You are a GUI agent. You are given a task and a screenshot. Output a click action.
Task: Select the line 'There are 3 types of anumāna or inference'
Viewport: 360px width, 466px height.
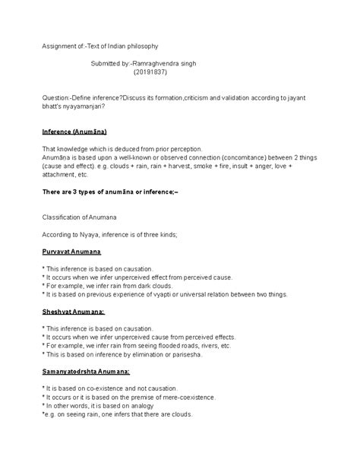110,193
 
